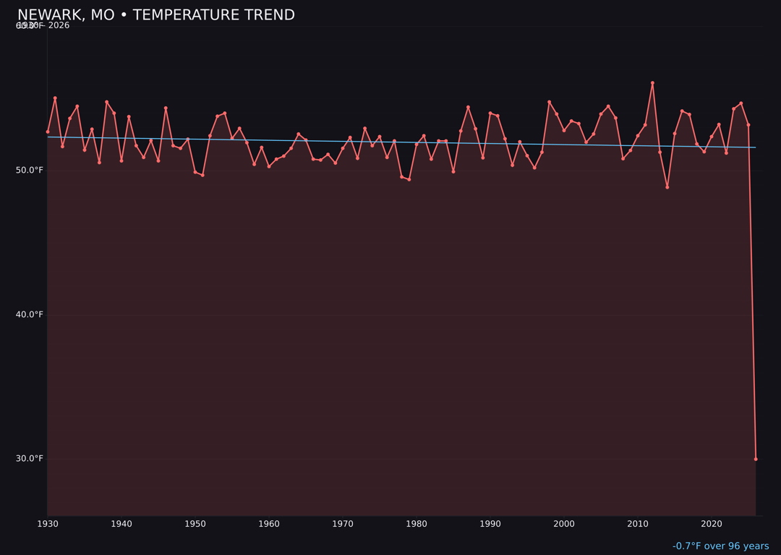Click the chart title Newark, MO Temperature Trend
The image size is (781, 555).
pyautogui.click(x=156, y=15)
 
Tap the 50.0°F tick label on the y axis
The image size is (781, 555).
pyautogui.click(x=30, y=170)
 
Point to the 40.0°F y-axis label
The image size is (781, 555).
pyautogui.click(x=30, y=314)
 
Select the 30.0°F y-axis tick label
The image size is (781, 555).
pyautogui.click(x=30, y=458)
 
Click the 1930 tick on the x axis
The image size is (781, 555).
pyautogui.click(x=48, y=524)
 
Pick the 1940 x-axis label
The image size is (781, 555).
pyautogui.click(x=121, y=524)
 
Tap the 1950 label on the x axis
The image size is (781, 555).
pyautogui.click(x=195, y=524)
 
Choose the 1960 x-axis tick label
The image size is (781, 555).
pyautogui.click(x=269, y=524)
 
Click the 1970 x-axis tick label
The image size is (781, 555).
pyautogui.click(x=343, y=524)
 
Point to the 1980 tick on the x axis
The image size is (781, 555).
pyautogui.click(x=417, y=524)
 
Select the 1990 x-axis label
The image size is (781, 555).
pyautogui.click(x=490, y=524)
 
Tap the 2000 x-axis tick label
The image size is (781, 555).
pyautogui.click(x=564, y=524)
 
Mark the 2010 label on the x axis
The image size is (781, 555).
pyautogui.click(x=638, y=524)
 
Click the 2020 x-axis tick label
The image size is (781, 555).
pyautogui.click(x=712, y=524)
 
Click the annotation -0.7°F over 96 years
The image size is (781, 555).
pyautogui.click(x=720, y=546)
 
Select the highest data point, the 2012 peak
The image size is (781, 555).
pyautogui.click(x=652, y=83)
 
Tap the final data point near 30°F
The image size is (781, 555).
pyautogui.click(x=756, y=459)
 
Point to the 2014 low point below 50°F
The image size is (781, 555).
pyautogui.click(x=667, y=187)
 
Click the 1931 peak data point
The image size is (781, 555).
pyautogui.click(x=55, y=98)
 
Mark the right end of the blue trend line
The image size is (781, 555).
pyautogui.click(x=756, y=147)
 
